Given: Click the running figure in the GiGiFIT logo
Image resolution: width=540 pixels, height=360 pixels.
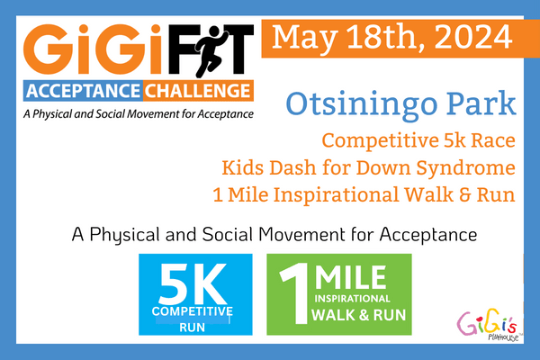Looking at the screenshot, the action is pos(211,51).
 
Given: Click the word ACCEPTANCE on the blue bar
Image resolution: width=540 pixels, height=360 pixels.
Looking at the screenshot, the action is pos(83,91).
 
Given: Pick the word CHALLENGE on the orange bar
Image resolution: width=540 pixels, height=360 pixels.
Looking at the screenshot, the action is pos(197,91).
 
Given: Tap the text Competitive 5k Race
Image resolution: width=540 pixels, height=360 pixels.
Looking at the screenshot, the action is pos(418,140).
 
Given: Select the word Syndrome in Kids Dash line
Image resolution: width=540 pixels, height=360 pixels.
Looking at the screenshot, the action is pos(465,167).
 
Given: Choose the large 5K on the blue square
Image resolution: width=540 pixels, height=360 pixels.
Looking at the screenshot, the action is pos(193,283).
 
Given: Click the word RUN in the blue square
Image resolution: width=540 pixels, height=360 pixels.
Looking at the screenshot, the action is pos(193,327).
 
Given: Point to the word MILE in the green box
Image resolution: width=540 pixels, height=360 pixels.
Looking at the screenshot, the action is pos(351,277).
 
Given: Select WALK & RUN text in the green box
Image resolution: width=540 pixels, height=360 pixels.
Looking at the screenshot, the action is pos(358,315).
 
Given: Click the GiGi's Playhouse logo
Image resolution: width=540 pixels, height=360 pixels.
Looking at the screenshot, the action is pos(487,324).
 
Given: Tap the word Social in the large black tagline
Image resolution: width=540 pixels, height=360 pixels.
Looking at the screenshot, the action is pos(227,235).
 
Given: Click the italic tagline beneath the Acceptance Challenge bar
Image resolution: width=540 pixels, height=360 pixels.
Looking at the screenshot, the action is pos(139,114).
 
